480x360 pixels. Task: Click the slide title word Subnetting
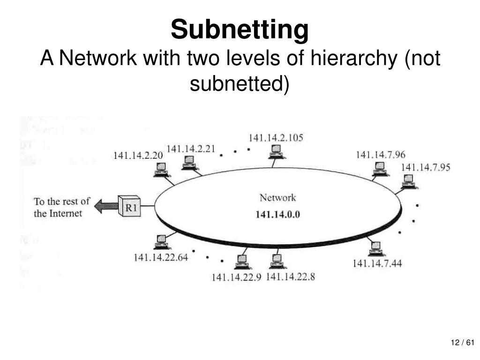click(240, 29)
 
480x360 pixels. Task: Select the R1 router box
click(129, 205)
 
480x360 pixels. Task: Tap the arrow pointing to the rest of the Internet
click(105, 206)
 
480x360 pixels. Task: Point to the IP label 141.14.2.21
click(191, 149)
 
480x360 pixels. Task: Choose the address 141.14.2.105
click(276, 138)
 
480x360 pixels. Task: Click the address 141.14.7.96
click(381, 154)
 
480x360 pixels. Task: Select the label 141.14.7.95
click(425, 167)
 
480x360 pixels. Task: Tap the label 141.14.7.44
click(377, 263)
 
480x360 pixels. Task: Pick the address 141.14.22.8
click(291, 277)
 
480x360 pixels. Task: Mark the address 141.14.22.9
click(236, 277)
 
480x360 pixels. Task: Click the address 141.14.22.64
click(160, 257)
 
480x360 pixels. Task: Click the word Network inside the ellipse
click(278, 198)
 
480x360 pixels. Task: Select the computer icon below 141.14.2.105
click(276, 151)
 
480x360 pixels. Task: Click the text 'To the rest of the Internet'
click(62, 207)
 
